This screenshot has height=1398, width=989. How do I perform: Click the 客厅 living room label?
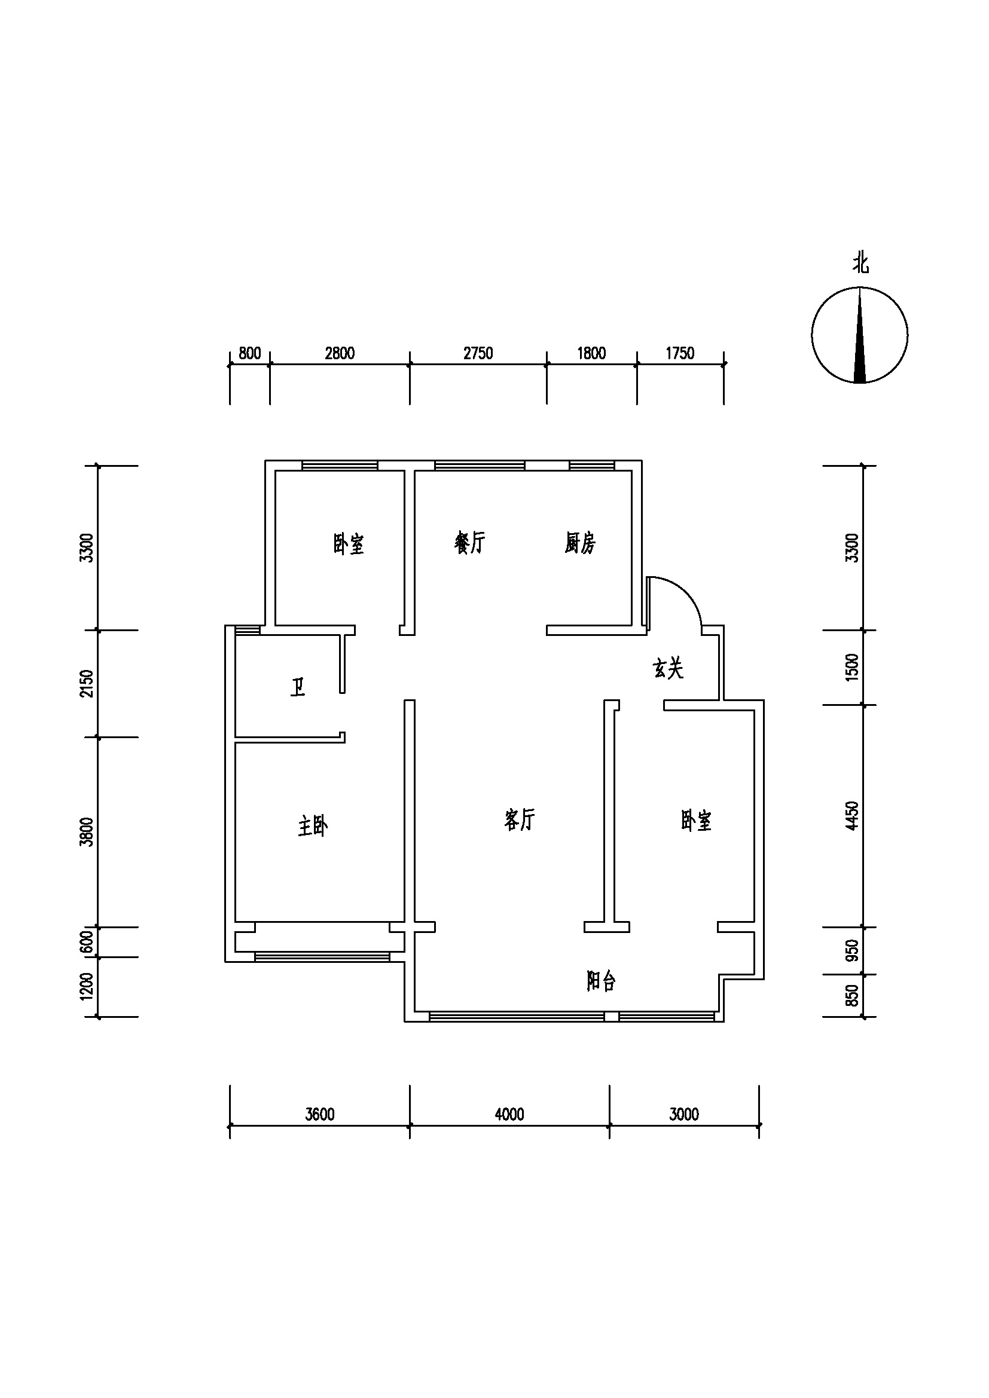[x=520, y=819]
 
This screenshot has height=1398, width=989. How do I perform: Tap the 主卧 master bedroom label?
[x=313, y=826]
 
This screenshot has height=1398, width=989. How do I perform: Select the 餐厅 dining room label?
[x=469, y=542]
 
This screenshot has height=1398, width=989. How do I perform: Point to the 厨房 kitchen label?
[x=580, y=543]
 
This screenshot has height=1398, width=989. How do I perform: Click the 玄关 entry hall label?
[x=668, y=669]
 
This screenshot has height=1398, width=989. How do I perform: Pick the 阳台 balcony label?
[x=601, y=981]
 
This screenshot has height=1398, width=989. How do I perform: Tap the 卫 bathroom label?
[x=298, y=687]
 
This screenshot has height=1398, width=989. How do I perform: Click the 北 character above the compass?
[x=860, y=264]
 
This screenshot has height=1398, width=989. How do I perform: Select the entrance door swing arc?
[x=686, y=591]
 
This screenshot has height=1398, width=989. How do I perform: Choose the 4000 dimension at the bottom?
[x=509, y=1114]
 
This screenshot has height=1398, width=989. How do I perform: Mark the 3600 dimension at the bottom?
[x=320, y=1114]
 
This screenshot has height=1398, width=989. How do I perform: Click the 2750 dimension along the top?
[x=478, y=353]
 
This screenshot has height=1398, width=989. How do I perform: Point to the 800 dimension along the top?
[x=250, y=353]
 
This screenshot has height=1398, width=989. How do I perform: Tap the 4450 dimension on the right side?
[x=853, y=815]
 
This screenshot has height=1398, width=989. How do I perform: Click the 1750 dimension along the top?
[x=680, y=353]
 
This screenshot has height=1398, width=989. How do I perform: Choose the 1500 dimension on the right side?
[x=853, y=667]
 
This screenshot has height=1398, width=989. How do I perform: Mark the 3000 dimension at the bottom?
[x=684, y=1114]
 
